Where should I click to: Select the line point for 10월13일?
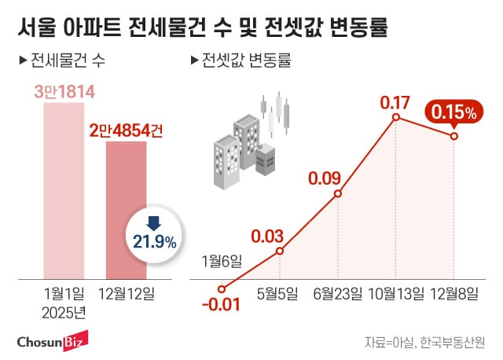[x=395, y=118]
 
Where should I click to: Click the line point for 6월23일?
[x=339, y=194]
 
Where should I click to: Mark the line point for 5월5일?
[x=281, y=252]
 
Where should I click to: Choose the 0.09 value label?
[x=324, y=178]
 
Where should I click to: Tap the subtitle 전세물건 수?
[x=70, y=60]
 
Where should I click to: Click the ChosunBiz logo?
[x=51, y=340]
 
